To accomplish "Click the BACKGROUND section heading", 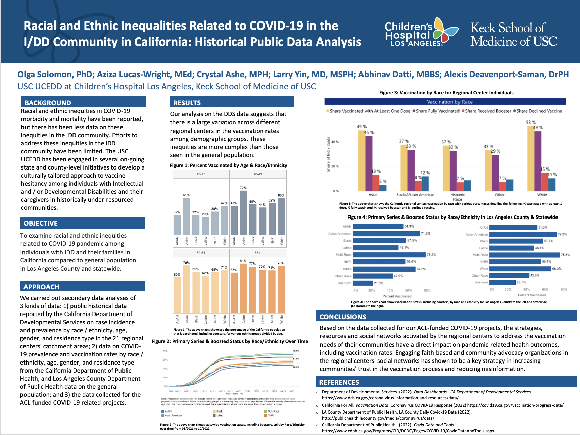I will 48,103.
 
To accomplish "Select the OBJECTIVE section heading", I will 41,223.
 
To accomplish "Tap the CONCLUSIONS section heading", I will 343,317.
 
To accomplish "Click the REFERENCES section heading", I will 339,382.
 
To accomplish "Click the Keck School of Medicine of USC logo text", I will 514,34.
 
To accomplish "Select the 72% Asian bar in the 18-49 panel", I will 243,213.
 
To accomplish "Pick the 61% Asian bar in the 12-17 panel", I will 186,216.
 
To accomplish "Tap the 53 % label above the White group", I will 531,123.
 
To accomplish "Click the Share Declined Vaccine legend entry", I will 539,111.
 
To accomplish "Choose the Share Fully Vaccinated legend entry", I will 437,111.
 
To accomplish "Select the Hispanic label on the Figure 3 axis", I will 457,195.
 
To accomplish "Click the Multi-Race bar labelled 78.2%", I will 389,255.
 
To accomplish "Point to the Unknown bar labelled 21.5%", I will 363,283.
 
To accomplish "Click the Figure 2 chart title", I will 230,341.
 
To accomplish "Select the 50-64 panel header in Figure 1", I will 201,253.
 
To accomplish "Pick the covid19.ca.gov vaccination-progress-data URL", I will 515,405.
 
